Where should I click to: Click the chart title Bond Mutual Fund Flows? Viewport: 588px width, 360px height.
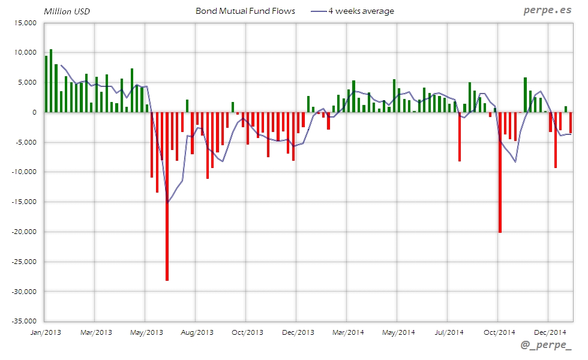[x=245, y=11]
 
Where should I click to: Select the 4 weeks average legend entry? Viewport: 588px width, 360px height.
[x=361, y=11]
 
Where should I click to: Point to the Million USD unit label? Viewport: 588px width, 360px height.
[x=67, y=11]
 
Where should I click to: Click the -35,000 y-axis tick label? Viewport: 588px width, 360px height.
[x=23, y=322]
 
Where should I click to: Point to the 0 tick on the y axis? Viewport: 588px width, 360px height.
[x=35, y=112]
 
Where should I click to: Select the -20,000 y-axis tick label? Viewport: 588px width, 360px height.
[x=23, y=232]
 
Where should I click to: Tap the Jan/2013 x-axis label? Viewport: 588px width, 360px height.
[x=46, y=332]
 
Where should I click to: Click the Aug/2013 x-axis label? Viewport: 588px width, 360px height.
[x=197, y=332]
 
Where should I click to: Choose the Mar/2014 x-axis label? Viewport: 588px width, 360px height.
[x=348, y=332]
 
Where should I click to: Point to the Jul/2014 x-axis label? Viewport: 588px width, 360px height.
[x=449, y=332]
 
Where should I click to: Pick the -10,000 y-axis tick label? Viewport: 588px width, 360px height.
[x=23, y=172]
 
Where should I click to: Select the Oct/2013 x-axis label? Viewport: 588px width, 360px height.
[x=247, y=332]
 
